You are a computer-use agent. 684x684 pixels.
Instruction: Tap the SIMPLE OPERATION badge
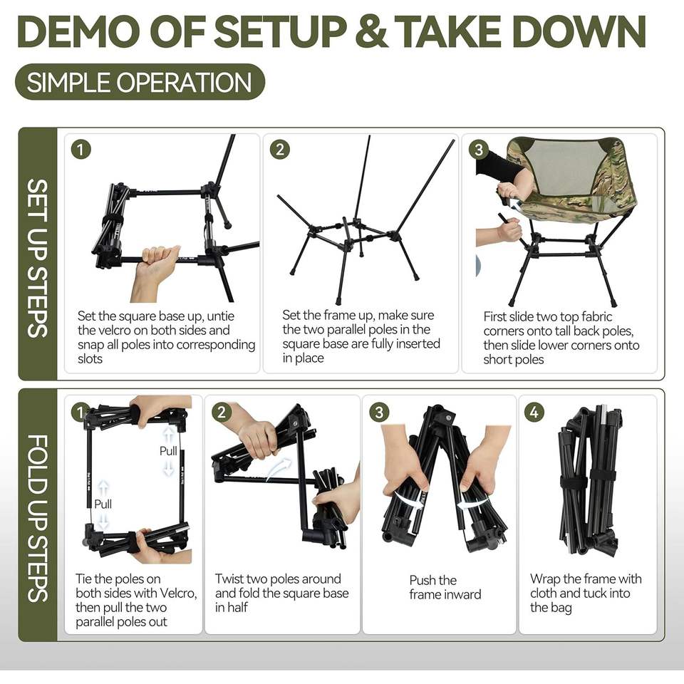[x=140, y=82]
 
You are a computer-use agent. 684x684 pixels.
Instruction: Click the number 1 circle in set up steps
[x=81, y=150]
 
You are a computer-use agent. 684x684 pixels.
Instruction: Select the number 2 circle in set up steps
[x=280, y=149]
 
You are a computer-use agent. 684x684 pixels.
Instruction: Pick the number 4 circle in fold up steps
[x=534, y=412]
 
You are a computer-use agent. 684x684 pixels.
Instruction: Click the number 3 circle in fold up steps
[x=378, y=413]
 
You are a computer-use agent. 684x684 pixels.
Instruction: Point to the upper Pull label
[x=168, y=450]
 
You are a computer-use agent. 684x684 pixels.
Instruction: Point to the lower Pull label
[x=103, y=504]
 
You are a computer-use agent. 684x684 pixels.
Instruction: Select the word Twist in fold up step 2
[x=229, y=579]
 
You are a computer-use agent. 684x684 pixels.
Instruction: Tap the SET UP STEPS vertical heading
[x=38, y=258]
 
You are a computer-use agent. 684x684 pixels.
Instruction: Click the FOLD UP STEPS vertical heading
[x=38, y=518]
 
